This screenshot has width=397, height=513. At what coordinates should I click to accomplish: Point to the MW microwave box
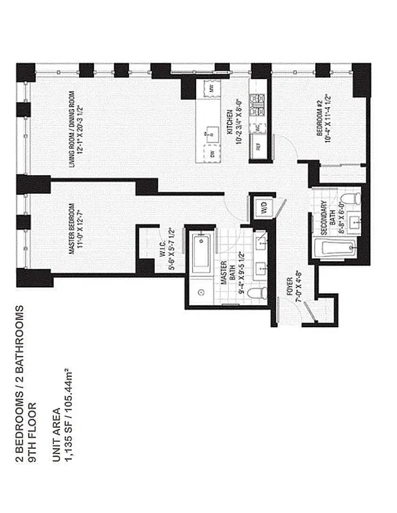(x=209, y=87)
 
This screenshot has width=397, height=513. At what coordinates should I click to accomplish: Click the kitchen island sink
(x=211, y=134)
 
